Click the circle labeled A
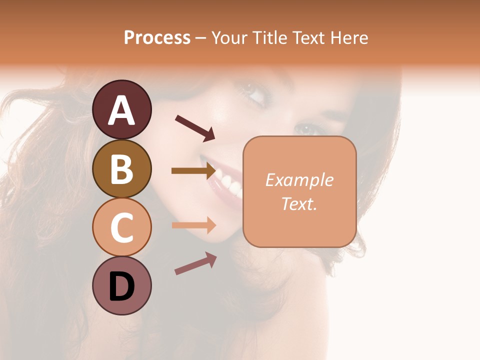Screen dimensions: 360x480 tap(122, 109)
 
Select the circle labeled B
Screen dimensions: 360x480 tap(122, 168)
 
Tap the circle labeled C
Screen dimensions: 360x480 tap(122, 227)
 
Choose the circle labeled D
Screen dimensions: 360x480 tap(122, 285)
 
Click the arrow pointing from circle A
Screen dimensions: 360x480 tap(194, 127)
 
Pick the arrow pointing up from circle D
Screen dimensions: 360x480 tap(195, 263)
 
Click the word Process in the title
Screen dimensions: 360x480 tap(157, 37)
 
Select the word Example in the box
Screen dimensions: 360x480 tap(299, 180)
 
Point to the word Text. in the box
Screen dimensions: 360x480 tap(299, 203)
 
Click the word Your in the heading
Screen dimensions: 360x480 tap(228, 37)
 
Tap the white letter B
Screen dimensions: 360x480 tap(122, 168)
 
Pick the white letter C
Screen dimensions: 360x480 tap(122, 227)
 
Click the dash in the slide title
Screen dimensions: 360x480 tap(201, 38)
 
